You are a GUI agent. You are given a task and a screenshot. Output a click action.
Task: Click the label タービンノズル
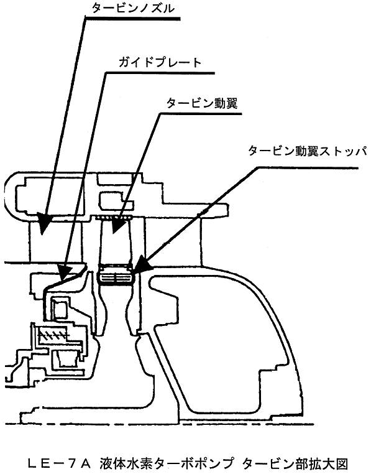pyautogui.click(x=133, y=9)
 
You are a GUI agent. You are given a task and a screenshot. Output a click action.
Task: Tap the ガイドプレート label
pyautogui.click(x=160, y=62)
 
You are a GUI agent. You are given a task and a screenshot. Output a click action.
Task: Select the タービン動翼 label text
pyautogui.click(x=202, y=103)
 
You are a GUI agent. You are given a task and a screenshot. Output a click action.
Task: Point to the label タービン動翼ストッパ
pyautogui.click(x=307, y=151)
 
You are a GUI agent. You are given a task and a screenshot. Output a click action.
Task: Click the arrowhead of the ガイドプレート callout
pyautogui.click(x=65, y=270)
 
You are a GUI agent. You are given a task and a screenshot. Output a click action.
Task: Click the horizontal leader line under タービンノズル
pyautogui.click(x=132, y=19)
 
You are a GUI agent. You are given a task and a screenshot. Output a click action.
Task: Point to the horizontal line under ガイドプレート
pyautogui.click(x=160, y=73)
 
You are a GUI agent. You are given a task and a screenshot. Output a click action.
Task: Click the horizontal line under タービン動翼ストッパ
pyautogui.click(x=308, y=167)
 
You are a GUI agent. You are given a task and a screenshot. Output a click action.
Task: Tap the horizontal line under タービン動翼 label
pyautogui.click(x=201, y=114)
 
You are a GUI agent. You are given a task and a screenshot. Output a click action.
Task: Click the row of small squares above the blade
pyautogui.click(x=114, y=217)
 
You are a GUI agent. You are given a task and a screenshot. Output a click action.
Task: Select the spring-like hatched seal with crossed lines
pyautogui.click(x=53, y=335)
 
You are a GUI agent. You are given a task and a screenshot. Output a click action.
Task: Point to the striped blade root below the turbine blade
pyautogui.click(x=116, y=275)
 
